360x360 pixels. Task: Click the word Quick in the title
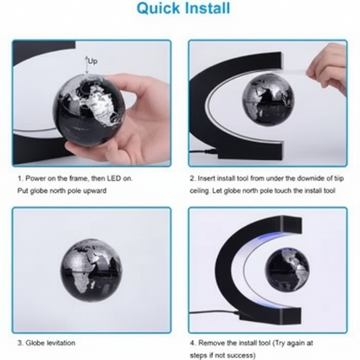159,8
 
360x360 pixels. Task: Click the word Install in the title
208,8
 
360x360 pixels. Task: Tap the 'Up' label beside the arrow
93,61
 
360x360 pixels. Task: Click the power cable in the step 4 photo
214,312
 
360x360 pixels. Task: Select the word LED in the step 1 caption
113,178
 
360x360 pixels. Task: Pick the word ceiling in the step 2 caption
199,191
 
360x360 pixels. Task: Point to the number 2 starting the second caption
192,178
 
